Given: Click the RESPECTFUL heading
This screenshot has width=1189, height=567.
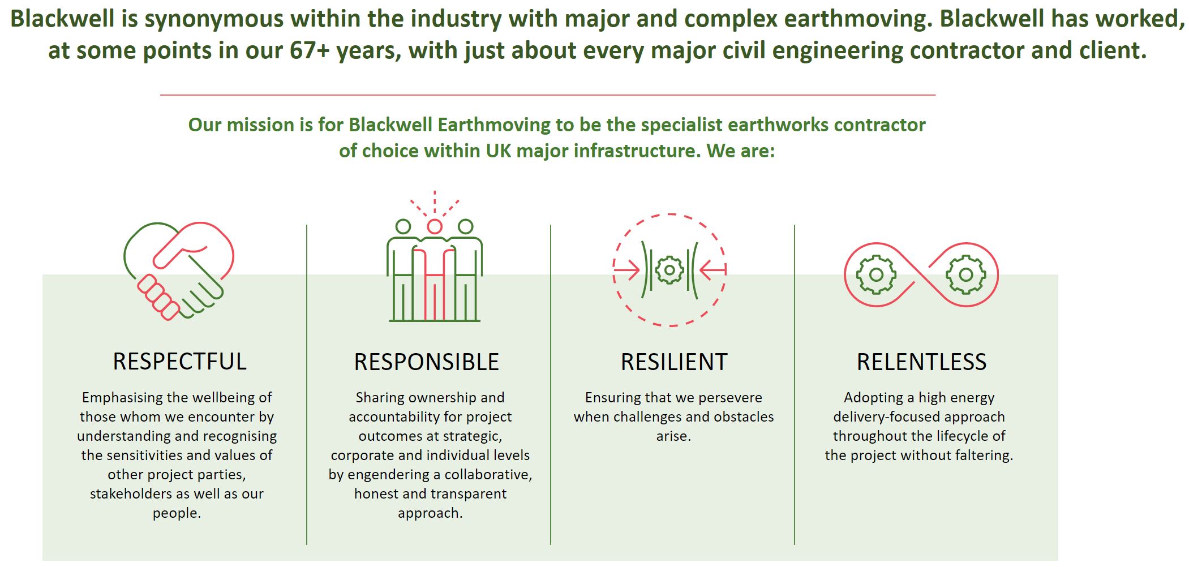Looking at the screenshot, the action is [179, 362].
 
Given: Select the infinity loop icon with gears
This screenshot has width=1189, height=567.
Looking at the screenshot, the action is [921, 275].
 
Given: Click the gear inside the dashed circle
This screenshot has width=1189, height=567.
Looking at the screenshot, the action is [669, 270].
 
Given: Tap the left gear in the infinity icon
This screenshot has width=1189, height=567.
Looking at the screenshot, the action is [876, 275].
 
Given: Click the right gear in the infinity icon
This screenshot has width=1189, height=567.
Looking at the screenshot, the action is [966, 275].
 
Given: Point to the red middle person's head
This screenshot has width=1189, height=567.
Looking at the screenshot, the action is [434, 226].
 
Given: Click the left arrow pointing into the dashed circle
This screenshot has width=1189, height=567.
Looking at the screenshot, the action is [626, 270].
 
